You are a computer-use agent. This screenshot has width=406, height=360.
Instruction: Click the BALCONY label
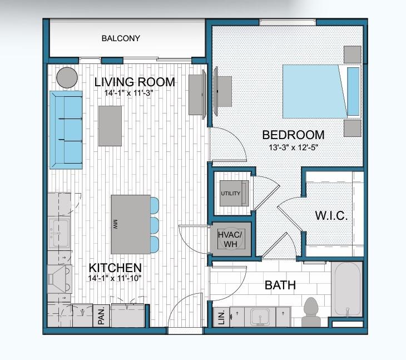121,39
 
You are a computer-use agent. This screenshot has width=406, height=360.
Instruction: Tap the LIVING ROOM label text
135,82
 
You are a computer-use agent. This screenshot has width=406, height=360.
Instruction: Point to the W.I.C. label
331,216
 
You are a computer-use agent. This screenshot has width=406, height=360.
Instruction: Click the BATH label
280,286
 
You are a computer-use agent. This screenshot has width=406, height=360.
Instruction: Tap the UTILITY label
230,194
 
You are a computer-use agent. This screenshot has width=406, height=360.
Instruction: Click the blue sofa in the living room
66,130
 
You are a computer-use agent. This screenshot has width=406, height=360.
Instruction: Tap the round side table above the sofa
67,77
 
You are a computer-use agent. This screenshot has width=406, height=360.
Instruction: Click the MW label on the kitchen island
115,224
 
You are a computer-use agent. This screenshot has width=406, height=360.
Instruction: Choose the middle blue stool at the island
154,224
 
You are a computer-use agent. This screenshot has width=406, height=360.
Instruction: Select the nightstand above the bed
352,54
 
